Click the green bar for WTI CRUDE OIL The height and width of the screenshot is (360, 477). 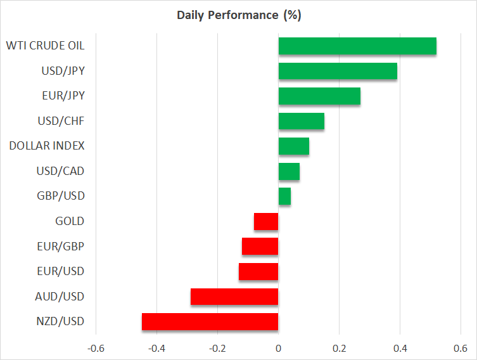[x=357, y=46]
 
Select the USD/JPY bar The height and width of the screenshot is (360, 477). [x=338, y=71]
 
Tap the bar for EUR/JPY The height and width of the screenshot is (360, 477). [x=319, y=96]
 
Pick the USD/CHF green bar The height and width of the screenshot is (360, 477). [x=302, y=121]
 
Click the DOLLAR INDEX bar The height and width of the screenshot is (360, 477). [x=294, y=146]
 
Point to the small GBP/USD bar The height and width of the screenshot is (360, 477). [x=284, y=196]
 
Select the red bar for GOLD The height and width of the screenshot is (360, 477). [x=266, y=221]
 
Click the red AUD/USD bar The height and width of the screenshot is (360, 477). [x=234, y=297]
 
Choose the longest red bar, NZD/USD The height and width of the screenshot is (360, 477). [x=210, y=322]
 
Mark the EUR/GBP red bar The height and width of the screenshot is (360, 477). [x=260, y=246]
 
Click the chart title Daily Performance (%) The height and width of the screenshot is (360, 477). [x=239, y=15]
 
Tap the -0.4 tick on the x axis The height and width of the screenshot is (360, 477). [x=156, y=349]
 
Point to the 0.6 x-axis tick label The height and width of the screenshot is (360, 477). [x=461, y=349]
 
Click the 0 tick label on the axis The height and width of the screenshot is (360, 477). [x=278, y=349]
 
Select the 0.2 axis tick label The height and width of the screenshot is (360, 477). [x=339, y=349]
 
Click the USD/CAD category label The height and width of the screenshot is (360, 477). [x=60, y=171]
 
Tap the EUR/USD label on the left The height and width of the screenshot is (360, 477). [x=61, y=271]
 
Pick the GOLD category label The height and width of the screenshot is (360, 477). [x=70, y=221]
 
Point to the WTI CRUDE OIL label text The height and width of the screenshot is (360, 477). [x=46, y=46]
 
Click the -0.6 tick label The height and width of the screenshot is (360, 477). [x=96, y=349]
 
